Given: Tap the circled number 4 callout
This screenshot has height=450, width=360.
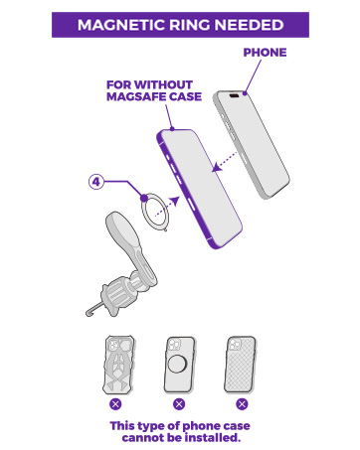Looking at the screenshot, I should click(96, 183).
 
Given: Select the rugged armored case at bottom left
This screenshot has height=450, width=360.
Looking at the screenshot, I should click(115, 366).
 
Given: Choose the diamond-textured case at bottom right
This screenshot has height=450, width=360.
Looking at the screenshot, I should click(242, 366).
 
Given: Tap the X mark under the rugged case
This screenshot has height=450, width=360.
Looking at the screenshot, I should click(115, 404).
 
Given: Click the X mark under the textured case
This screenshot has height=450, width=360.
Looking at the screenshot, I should click(242, 404).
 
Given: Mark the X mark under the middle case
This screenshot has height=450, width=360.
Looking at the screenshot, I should click(179, 404).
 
